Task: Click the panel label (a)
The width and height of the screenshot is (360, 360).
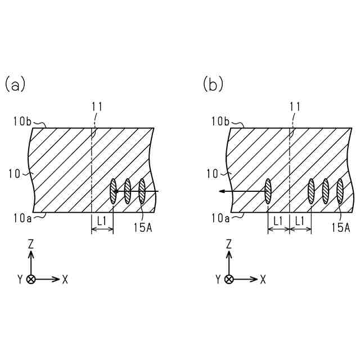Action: click(x=15, y=84)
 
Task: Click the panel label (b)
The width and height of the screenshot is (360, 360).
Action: click(x=213, y=84)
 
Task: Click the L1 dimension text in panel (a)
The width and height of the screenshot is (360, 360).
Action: click(x=102, y=222)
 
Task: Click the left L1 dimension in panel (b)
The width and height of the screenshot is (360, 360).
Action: click(x=278, y=222)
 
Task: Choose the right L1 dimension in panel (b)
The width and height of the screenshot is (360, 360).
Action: click(x=300, y=222)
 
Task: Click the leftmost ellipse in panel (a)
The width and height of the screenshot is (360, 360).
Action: click(x=114, y=191)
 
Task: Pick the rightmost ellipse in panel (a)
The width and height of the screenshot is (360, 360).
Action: click(x=142, y=191)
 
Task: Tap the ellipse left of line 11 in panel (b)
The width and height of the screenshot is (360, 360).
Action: click(x=268, y=191)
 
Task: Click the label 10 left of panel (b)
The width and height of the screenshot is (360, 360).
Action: click(x=213, y=174)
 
